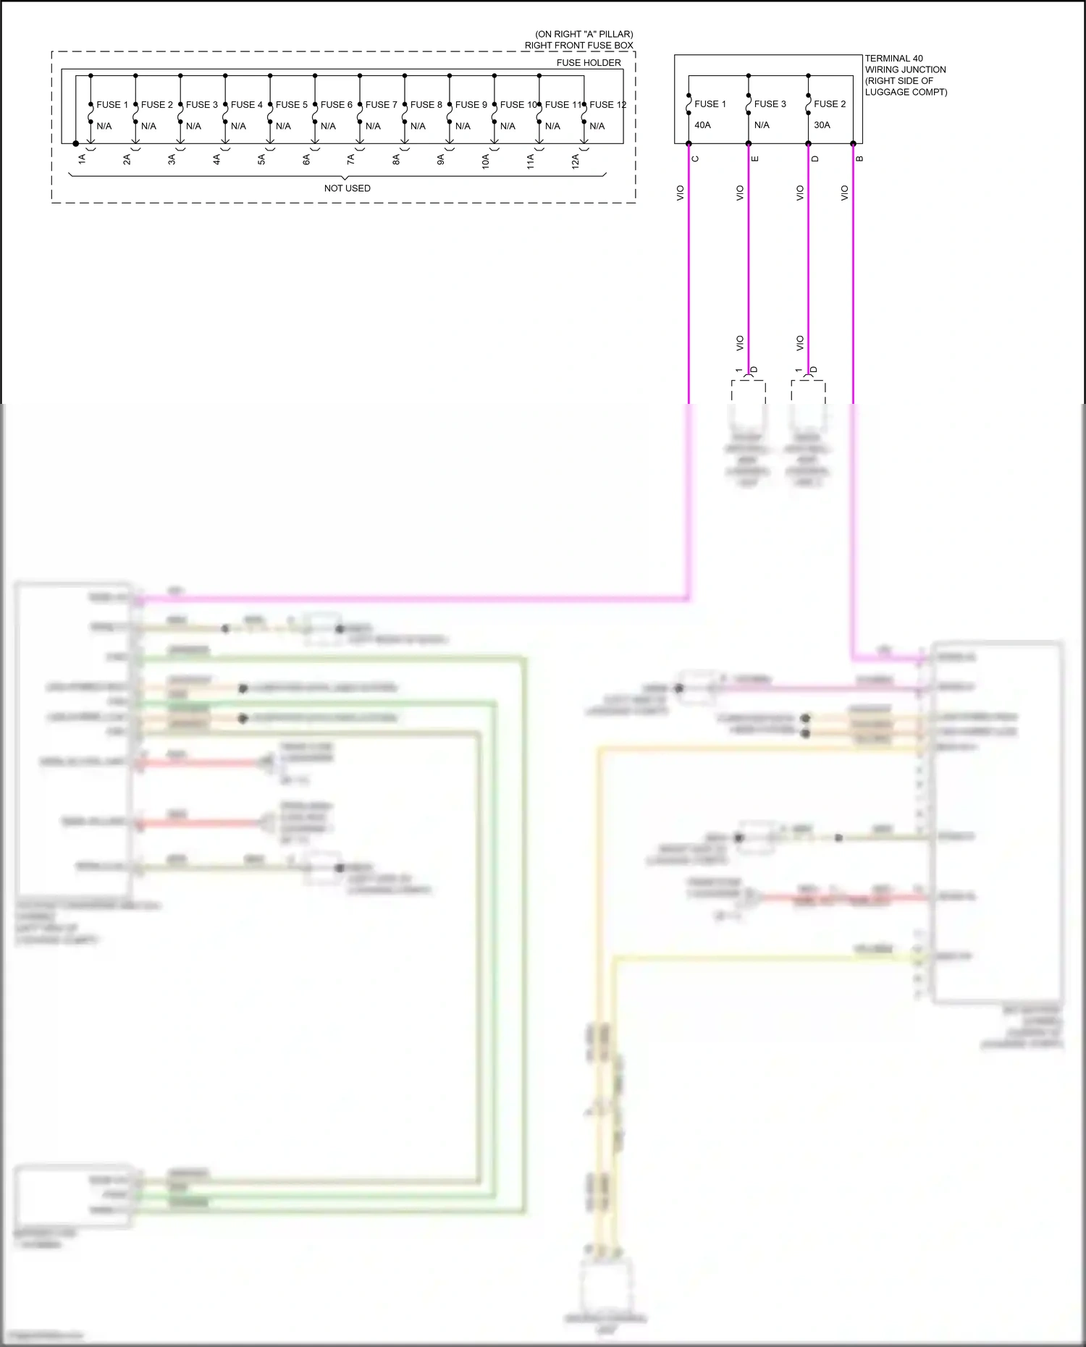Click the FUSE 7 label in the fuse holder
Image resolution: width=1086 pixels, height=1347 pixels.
[381, 105]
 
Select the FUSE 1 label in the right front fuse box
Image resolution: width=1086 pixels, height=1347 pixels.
[112, 105]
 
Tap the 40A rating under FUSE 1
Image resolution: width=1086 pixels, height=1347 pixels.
[702, 125]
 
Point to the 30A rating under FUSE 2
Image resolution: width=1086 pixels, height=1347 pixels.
[822, 125]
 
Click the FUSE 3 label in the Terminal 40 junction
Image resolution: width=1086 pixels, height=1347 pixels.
[770, 104]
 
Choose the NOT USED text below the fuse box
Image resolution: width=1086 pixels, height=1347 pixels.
[347, 188]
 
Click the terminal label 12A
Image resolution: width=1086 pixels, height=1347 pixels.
[576, 161]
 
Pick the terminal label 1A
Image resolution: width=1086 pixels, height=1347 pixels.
[82, 159]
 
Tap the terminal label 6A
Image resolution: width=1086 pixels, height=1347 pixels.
[306, 159]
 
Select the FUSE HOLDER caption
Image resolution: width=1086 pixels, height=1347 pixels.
[588, 63]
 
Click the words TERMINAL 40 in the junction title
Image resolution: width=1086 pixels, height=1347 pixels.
[893, 59]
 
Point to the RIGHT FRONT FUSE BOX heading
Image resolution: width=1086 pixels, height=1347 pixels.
[578, 46]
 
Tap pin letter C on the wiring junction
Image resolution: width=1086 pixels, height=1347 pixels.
[695, 159]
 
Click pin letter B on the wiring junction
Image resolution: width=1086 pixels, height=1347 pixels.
[859, 159]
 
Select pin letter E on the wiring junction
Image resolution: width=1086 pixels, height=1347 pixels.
[755, 159]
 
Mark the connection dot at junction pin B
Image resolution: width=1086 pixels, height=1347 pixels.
[853, 144]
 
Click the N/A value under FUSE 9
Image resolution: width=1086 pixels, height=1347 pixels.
[463, 126]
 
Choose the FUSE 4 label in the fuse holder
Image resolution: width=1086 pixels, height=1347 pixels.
[246, 105]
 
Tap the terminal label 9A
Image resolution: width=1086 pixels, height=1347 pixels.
[441, 159]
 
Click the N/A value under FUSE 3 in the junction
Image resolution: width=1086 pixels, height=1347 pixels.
[762, 125]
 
